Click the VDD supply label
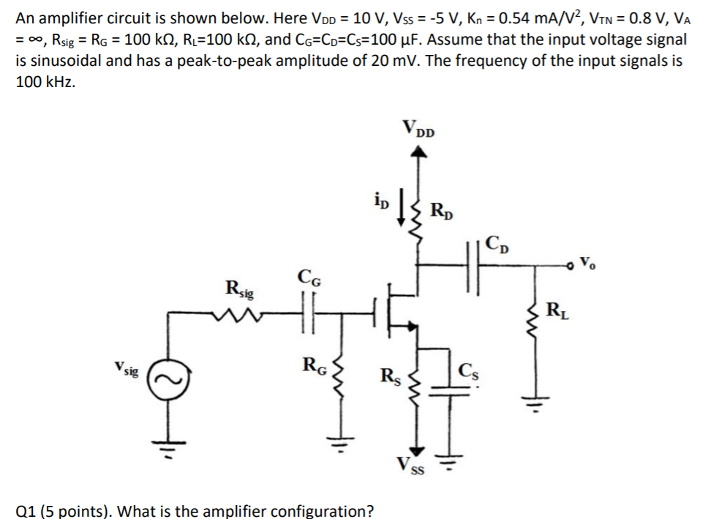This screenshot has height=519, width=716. (418, 130)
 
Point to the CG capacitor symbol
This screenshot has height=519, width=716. (309, 313)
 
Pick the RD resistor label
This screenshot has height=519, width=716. (442, 210)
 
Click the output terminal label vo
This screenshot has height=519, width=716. (592, 261)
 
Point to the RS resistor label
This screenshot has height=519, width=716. (391, 378)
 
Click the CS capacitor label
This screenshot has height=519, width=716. (469, 369)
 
